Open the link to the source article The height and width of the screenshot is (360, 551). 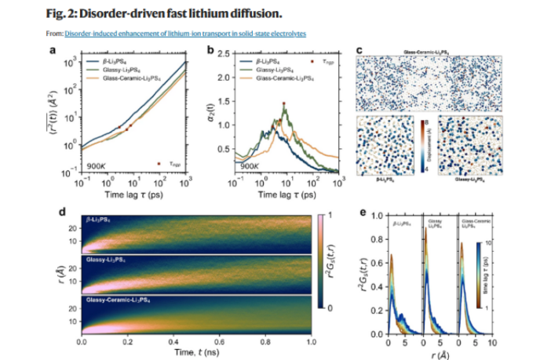185,34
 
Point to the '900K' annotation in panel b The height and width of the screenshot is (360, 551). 250,166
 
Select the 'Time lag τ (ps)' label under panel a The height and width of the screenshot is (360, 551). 133,193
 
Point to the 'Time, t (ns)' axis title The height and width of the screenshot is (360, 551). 196,352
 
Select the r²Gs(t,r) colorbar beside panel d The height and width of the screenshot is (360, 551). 319,260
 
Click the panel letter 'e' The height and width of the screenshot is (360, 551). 360,210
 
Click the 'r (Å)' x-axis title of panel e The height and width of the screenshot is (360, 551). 440,352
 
